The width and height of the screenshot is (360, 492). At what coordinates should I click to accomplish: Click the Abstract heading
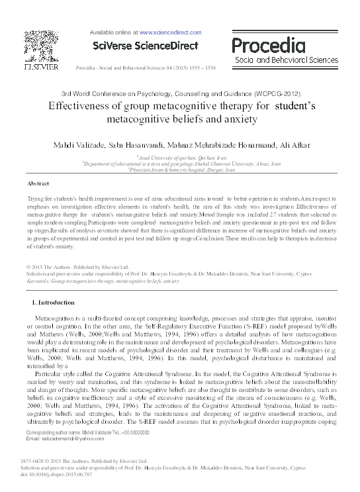pos(38,183)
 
